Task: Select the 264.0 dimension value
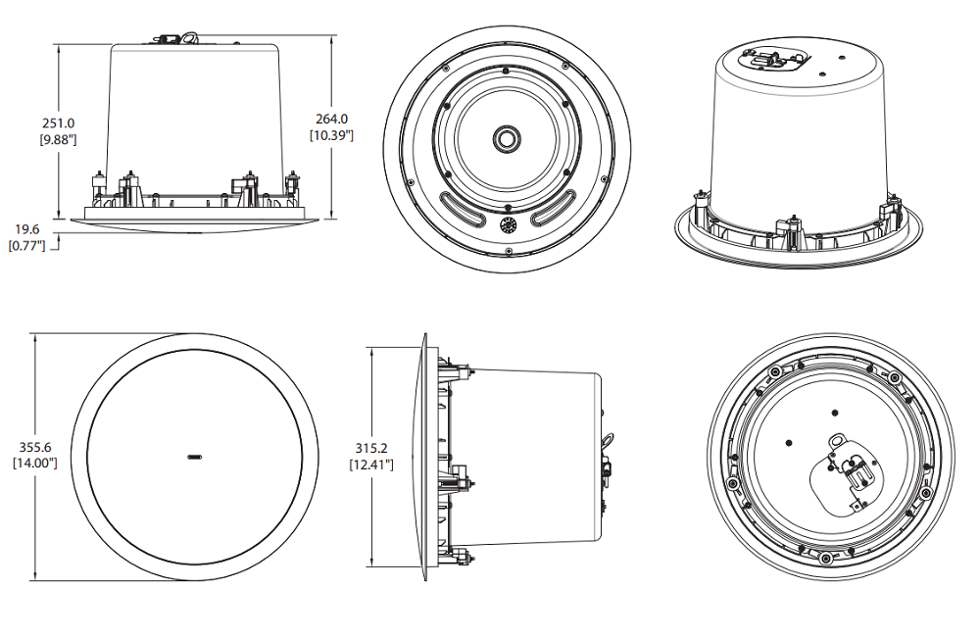tap(331, 120)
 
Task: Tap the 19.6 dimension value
tap(27, 229)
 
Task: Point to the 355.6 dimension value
tap(34, 447)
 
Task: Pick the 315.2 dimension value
tap(371, 448)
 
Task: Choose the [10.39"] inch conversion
tap(331, 135)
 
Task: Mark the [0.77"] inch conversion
tap(27, 245)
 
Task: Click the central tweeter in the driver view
tap(508, 138)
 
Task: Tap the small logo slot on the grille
tap(194, 456)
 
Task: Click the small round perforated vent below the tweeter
tap(508, 225)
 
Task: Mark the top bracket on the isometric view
tap(774, 58)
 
